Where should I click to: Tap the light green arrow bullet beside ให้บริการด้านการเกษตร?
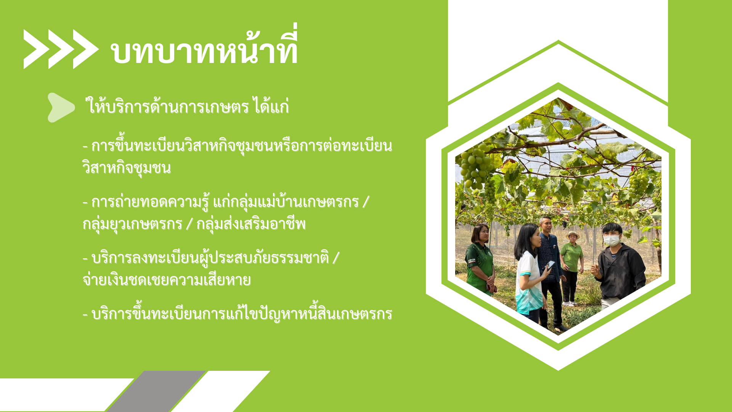click(60, 108)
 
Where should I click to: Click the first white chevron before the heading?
click(35, 49)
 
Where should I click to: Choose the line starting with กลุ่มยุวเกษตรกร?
click(194, 224)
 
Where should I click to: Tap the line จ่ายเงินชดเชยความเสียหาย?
click(167, 280)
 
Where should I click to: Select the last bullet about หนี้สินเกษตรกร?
click(237, 314)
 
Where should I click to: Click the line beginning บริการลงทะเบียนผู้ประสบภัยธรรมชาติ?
click(210, 258)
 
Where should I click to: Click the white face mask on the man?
click(612, 240)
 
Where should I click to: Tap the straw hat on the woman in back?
click(573, 235)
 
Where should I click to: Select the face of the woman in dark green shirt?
click(480, 235)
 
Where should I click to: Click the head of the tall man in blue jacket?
click(546, 225)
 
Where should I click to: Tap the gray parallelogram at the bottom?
click(156, 391)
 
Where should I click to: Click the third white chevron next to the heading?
click(85, 49)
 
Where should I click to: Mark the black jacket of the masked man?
click(621, 271)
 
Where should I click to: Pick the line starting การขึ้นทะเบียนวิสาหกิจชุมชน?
click(237, 146)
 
